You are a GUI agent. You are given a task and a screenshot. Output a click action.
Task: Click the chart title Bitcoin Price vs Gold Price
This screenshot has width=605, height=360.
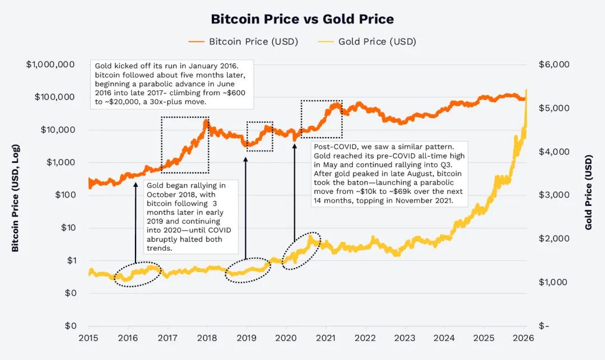[x=302, y=19]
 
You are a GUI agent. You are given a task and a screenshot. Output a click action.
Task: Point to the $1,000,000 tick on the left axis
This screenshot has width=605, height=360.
[x=50, y=64]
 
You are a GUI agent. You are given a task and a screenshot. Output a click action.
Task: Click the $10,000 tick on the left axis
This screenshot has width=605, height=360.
[x=59, y=130]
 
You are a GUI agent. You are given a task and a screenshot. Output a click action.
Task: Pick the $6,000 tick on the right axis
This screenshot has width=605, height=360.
[x=553, y=64]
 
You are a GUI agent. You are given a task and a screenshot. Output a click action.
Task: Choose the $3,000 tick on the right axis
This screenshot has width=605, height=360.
[x=553, y=195]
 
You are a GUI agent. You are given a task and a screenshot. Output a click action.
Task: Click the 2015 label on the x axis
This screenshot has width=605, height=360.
[x=89, y=338]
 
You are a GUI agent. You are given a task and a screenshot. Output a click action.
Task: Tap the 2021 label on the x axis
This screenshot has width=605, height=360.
[x=325, y=338]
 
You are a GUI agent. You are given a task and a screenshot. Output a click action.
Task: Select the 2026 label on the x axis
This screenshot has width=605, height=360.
[x=523, y=338]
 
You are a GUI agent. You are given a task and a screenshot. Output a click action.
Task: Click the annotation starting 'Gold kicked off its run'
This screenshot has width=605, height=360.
[x=172, y=85]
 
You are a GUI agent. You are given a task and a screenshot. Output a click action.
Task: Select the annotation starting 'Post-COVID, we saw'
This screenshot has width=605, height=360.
[x=389, y=173]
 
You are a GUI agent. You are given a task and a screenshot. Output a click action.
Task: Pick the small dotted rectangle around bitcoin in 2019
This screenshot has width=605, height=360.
[x=259, y=122]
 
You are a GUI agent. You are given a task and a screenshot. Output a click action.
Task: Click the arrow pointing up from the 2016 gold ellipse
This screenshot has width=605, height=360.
[x=136, y=224]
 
